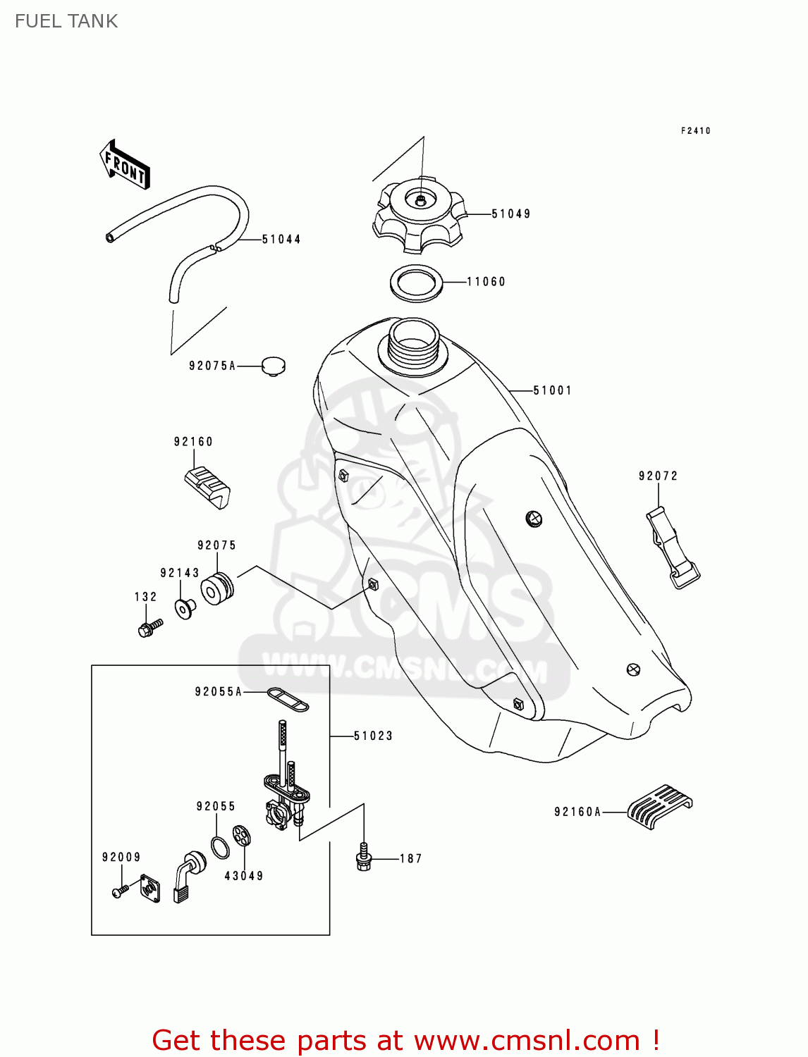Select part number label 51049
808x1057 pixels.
(511, 214)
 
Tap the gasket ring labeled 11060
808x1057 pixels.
(417, 282)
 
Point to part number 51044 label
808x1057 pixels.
(281, 239)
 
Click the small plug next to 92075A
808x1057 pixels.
(273, 366)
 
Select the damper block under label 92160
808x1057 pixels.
(207, 486)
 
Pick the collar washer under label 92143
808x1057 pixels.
(185, 607)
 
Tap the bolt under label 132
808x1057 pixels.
(150, 627)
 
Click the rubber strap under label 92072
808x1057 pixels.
(672, 548)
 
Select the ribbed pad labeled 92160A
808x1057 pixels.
(659, 805)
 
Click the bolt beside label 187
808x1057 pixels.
(364, 857)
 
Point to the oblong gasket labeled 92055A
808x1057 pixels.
(288, 700)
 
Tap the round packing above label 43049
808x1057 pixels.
(242, 836)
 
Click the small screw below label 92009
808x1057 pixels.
(119, 891)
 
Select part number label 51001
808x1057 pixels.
(552, 390)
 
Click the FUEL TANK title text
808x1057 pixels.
(66, 21)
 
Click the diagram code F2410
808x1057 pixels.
(695, 130)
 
